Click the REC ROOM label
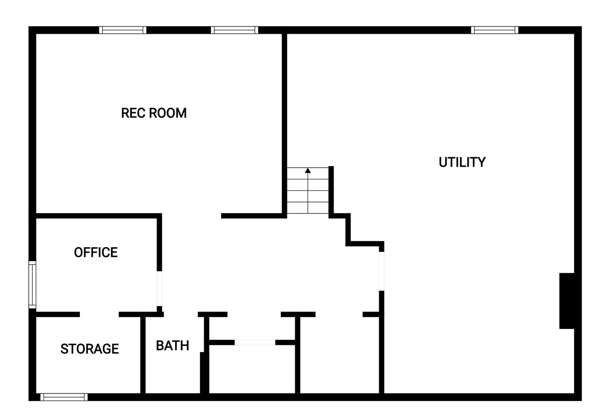[154, 113]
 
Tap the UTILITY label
[462, 162]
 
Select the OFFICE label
[96, 252]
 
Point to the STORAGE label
[90, 348]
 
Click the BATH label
[172, 345]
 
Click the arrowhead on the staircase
[308, 170]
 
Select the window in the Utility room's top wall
[494, 30]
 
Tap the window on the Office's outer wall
[32, 284]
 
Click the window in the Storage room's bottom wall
[64, 397]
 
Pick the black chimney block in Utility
[566, 301]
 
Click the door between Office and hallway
[159, 289]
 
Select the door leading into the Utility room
[381, 271]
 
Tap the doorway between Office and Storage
[99, 314]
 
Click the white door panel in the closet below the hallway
[255, 342]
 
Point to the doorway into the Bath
[181, 314]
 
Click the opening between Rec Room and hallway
[191, 216]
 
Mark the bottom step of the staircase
[308, 208]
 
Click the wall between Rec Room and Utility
[284, 123]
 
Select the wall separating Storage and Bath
[143, 355]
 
